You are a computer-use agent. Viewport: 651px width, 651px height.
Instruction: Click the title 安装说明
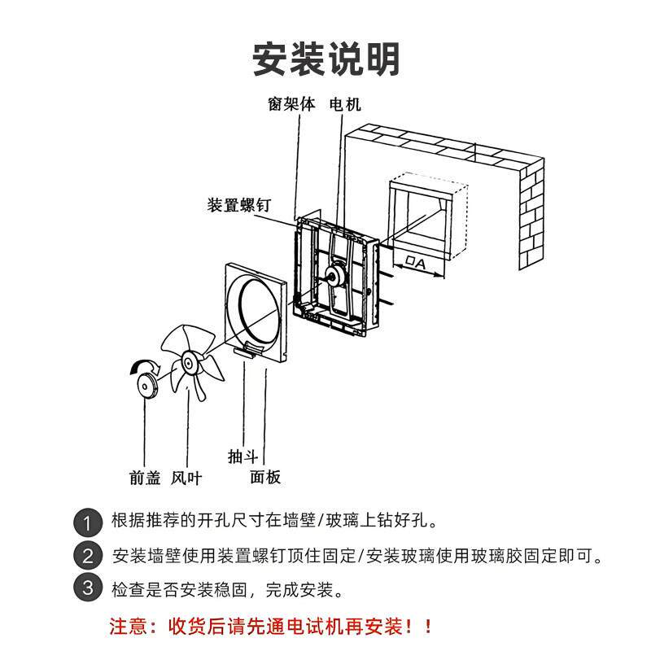tap(325, 59)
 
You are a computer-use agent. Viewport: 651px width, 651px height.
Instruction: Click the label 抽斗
tap(243, 457)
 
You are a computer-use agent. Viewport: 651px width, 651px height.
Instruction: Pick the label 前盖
tap(144, 478)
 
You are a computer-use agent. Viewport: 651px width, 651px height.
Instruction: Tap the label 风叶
tap(186, 478)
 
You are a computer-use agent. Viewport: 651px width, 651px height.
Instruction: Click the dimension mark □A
tap(415, 263)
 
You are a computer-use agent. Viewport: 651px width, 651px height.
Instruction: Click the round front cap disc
tap(146, 384)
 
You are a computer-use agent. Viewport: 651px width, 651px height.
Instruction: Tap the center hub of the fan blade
tap(190, 361)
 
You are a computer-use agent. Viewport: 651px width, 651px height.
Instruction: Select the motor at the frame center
tap(334, 276)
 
